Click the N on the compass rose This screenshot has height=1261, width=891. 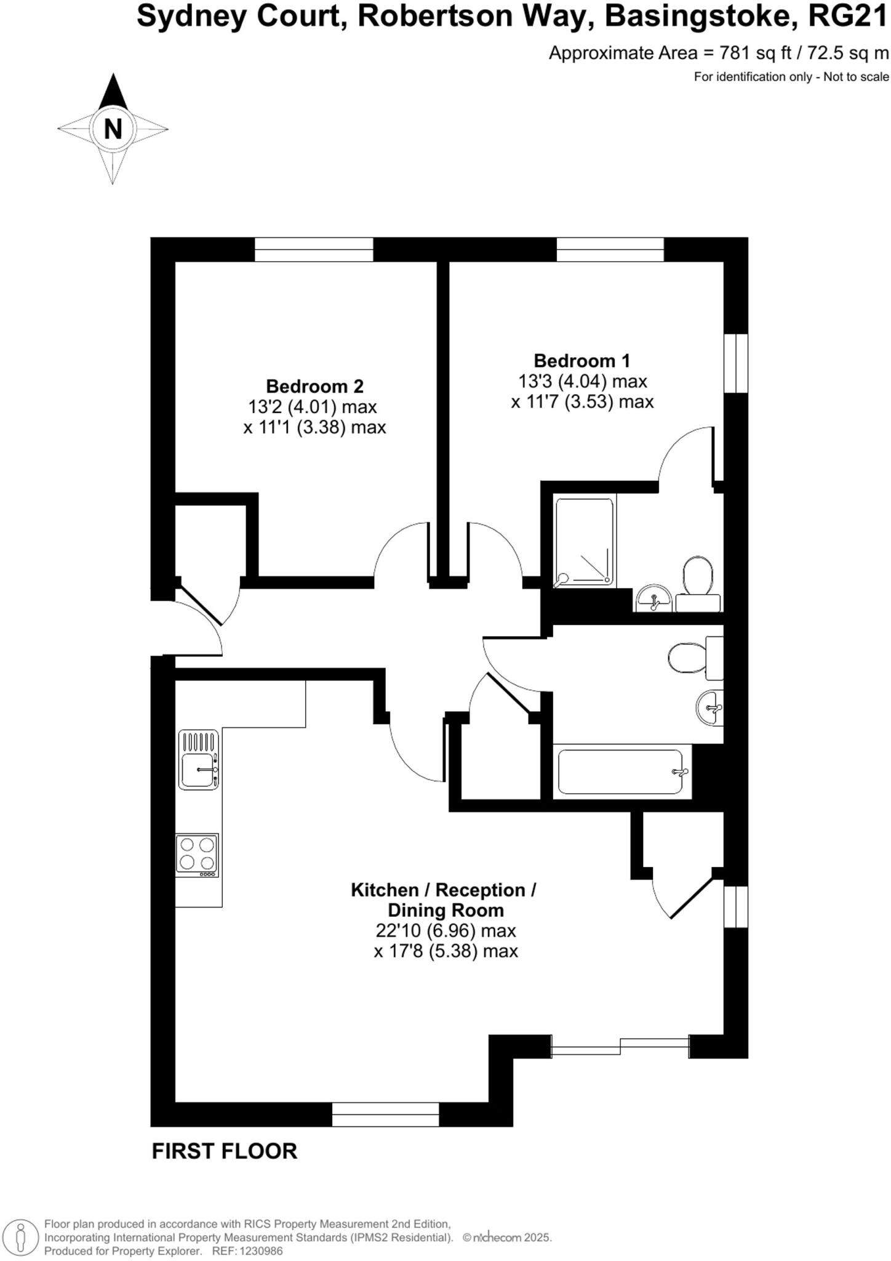pos(113,129)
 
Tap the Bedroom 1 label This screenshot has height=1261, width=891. pos(581,361)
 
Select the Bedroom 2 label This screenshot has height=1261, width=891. pos(314,387)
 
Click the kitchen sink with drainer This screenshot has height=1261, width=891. pos(198,760)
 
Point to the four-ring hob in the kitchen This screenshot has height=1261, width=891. pos(197,855)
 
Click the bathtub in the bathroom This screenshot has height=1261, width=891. pos(621,772)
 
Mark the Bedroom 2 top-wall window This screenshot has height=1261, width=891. pos(314,249)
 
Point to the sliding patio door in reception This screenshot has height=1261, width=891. pos(620,1046)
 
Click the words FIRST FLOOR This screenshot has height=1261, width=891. pos(224,1151)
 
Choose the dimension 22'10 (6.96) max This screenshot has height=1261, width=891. pos(445,930)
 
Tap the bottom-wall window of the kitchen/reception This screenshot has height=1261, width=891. pos(385,1114)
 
